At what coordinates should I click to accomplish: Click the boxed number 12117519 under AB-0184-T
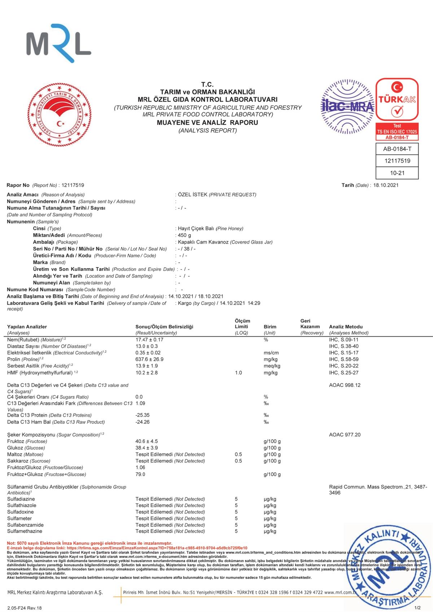[x=397, y=161]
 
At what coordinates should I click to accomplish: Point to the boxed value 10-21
[x=397, y=173]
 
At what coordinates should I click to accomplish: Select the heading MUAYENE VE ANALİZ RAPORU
[x=207, y=123]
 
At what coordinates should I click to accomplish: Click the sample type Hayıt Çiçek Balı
[x=196, y=229]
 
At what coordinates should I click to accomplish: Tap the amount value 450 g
[x=184, y=235]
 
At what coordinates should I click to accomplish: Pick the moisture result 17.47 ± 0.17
[x=149, y=340]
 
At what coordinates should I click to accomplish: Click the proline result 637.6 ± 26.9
[x=149, y=359]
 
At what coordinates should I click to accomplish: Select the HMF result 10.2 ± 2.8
[x=146, y=373]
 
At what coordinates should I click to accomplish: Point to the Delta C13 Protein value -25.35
[x=143, y=415]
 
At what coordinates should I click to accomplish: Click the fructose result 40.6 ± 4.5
[x=146, y=441]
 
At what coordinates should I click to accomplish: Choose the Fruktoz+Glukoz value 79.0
[x=140, y=474]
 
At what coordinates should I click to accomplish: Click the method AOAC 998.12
[x=345, y=385]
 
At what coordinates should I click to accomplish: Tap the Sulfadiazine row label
[x=21, y=499]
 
